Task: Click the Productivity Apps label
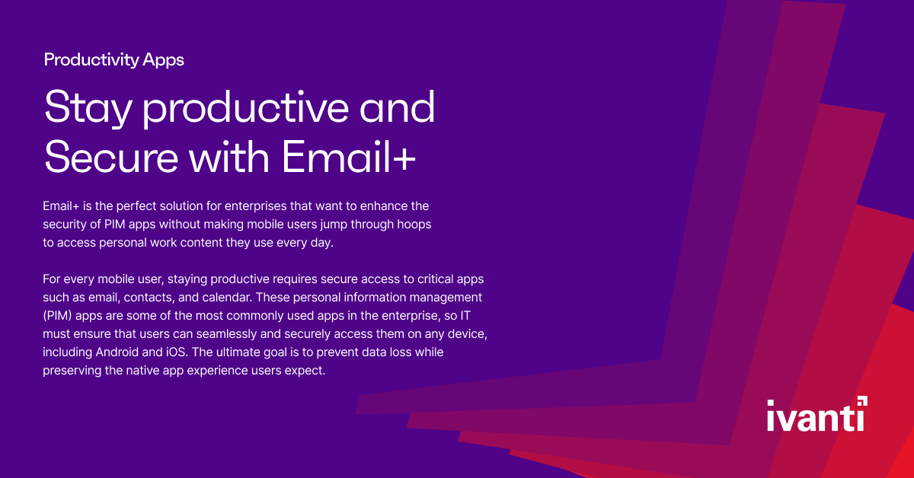114,59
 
